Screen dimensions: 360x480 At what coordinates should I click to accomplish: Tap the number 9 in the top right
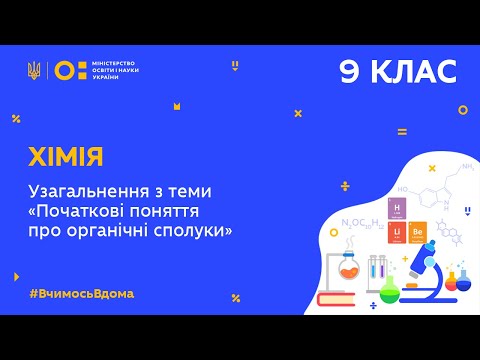click(x=350, y=71)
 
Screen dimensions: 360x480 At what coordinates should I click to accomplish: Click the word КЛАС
click(x=414, y=71)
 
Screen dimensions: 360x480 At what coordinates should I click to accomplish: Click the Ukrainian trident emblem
click(x=35, y=69)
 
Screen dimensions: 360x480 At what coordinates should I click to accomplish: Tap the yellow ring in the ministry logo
click(x=62, y=69)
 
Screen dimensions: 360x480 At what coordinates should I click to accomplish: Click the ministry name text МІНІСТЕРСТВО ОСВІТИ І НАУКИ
click(x=114, y=69)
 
